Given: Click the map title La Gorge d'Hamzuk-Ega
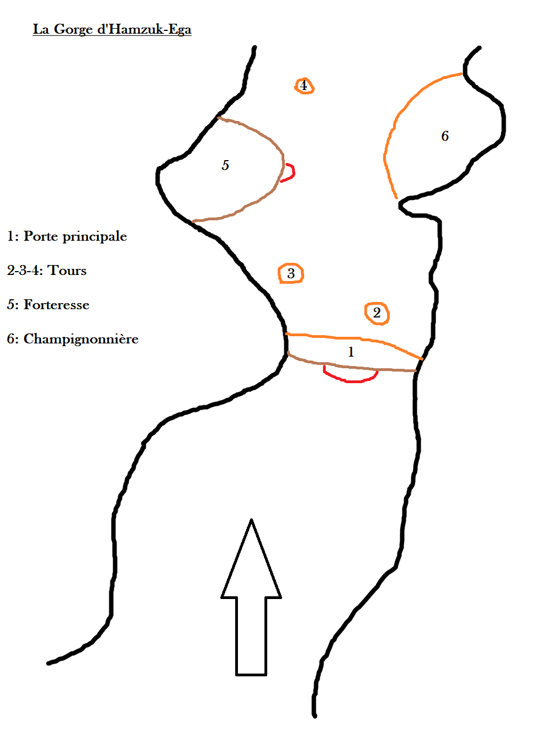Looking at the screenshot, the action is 112,29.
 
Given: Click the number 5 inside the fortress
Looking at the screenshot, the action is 225,165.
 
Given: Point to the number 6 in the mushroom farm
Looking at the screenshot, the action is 444,136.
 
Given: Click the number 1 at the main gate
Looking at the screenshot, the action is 351,352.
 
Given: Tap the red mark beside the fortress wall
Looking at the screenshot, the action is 294,172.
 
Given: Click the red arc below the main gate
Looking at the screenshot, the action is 350,381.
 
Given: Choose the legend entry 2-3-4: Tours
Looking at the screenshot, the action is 47,271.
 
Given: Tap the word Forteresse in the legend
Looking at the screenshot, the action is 56,305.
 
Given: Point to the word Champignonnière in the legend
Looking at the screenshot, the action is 81,339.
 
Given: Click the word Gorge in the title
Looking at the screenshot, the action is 73,30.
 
